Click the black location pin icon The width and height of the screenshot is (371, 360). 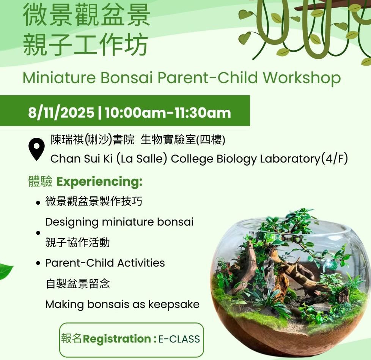click(x=36, y=149)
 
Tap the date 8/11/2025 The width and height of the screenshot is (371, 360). click(x=61, y=112)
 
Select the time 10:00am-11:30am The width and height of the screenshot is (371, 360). click(x=168, y=112)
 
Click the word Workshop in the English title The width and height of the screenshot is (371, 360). click(x=302, y=78)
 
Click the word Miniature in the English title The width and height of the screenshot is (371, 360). click(x=59, y=77)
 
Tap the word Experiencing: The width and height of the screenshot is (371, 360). click(x=100, y=182)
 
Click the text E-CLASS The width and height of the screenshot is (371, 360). click(x=179, y=339)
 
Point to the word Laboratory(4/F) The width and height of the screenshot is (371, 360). click(x=304, y=159)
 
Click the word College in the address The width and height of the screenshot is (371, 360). click(x=192, y=159)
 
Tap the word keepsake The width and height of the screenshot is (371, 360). click(x=174, y=305)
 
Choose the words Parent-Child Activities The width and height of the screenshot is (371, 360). click(x=105, y=263)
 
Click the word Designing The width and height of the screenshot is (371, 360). click(x=72, y=223)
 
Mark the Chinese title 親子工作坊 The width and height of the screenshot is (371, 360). click(x=85, y=45)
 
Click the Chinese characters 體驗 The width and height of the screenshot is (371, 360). click(x=40, y=182)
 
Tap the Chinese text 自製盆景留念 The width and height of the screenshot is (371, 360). click(x=78, y=284)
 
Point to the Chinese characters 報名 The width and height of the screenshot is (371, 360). click(x=71, y=338)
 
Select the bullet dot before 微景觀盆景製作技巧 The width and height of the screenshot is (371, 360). click(x=38, y=203)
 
